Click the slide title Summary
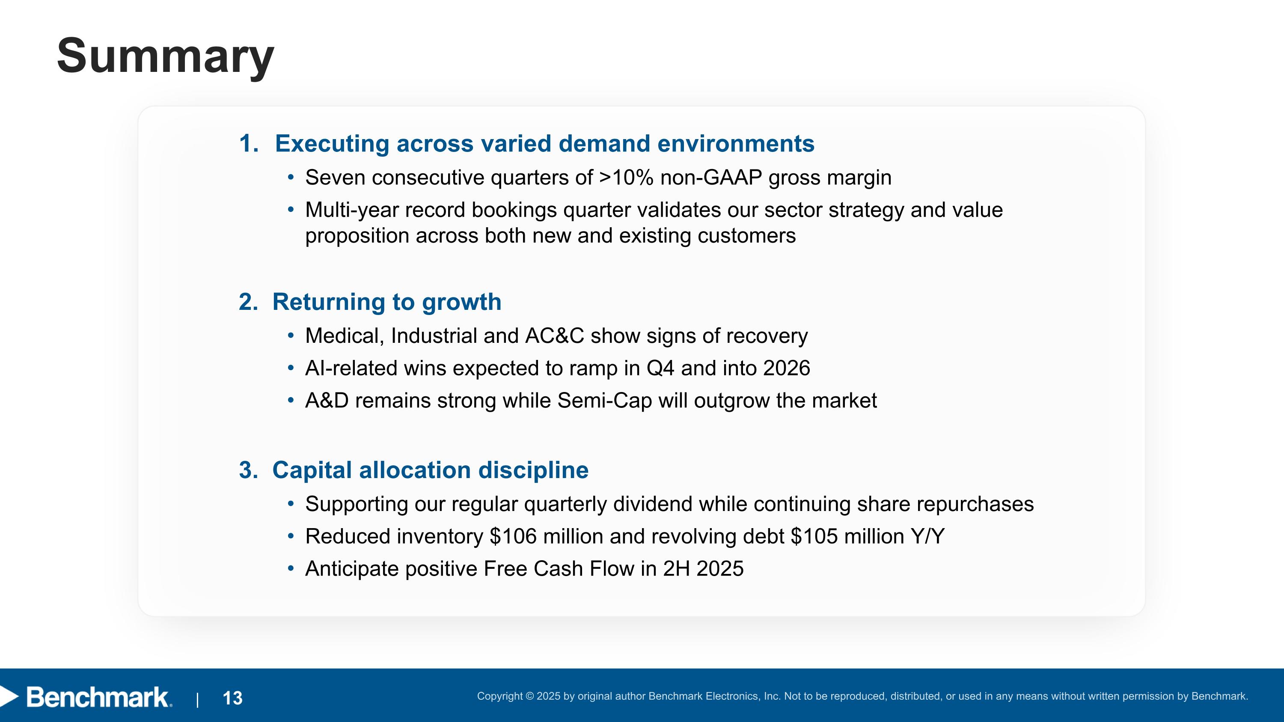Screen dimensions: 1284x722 coord(166,56)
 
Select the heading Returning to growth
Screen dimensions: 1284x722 coord(387,302)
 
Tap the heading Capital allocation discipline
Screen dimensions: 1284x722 coord(430,470)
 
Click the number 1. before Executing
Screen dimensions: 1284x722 coord(249,143)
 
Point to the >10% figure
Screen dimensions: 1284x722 coord(626,177)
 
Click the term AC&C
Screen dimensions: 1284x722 coord(554,336)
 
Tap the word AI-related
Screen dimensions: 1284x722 coord(351,368)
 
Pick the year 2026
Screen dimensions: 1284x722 coord(787,368)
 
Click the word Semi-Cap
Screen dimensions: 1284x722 coord(604,401)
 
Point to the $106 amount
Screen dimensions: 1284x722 coord(513,537)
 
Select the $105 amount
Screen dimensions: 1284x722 coord(814,537)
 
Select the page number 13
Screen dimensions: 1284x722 coord(232,698)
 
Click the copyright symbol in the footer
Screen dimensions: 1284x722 coord(529,696)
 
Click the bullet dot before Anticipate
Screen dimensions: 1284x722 coord(291,568)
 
